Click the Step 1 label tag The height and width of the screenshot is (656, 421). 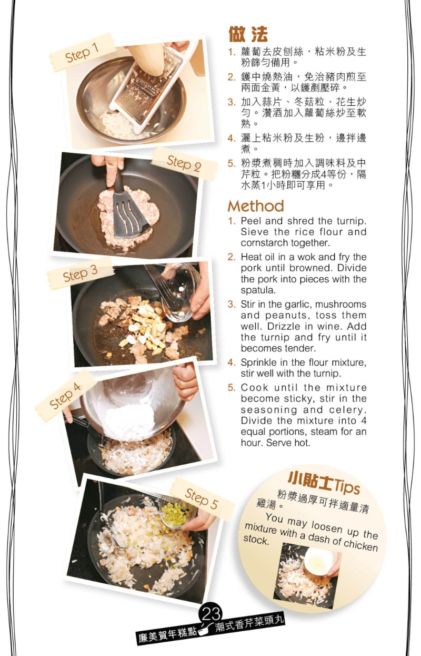[x=82, y=53]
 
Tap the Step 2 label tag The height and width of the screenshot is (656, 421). [x=184, y=163]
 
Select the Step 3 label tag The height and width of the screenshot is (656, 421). [x=80, y=273]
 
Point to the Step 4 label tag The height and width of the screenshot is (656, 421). [x=65, y=395]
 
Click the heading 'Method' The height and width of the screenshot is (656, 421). [x=256, y=206]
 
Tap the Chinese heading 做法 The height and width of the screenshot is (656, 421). [x=248, y=34]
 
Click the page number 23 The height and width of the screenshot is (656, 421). [x=211, y=613]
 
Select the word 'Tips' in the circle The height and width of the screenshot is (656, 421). [x=346, y=486]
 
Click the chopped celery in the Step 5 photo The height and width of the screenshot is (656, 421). [x=176, y=513]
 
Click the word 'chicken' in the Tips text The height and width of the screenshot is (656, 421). [x=360, y=544]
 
